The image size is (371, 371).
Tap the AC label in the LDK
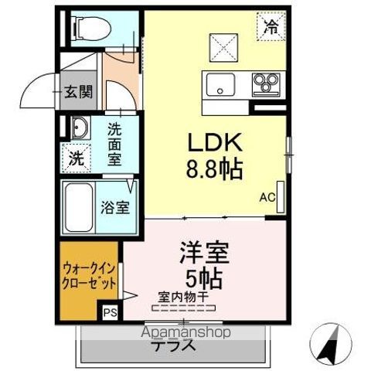point(267,198)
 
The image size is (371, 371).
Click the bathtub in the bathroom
point(80,206)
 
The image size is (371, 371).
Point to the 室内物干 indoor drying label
point(184,295)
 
